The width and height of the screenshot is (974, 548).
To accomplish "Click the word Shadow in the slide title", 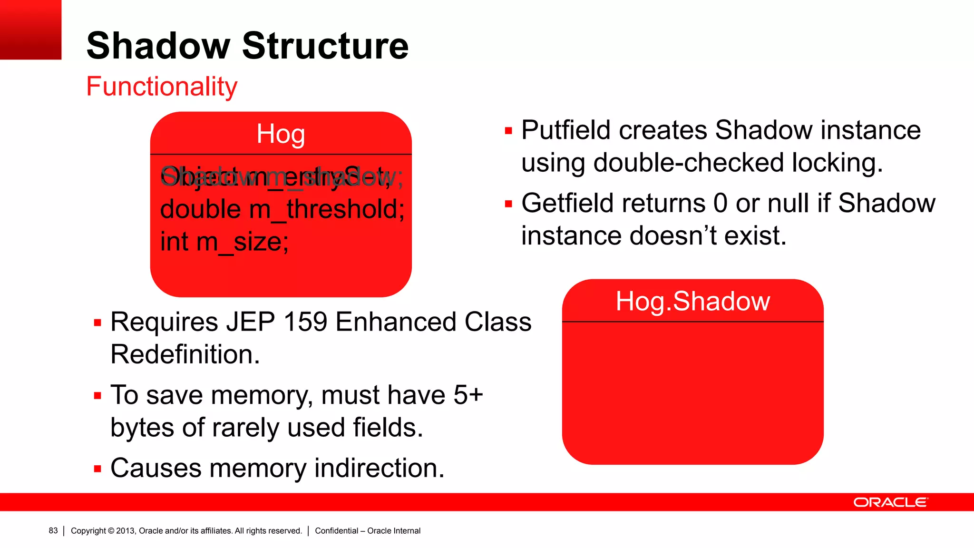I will pos(158,46).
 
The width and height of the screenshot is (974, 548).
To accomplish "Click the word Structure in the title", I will pos(325,46).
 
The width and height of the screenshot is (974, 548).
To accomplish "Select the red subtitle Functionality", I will pos(162,87).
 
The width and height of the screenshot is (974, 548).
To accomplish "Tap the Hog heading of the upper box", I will pos(281,134).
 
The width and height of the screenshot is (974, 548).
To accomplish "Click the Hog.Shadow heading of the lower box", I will pos(692,301).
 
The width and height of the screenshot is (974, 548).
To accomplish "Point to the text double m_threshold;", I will pos(282,209).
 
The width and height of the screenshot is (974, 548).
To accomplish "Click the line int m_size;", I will pos(224,242).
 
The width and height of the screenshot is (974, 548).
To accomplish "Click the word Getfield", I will pos(565,204).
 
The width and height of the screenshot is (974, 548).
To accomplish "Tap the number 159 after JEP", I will pos(305,322).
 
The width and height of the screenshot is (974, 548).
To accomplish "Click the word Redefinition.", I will pos(185,354).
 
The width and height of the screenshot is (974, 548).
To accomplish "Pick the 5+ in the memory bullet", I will pos(468,395).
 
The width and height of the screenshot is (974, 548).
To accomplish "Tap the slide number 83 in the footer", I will pos(53,531).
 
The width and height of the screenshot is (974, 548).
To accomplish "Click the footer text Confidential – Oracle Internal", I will pos(368,531).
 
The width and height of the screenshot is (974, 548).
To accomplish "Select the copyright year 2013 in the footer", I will pos(126,531).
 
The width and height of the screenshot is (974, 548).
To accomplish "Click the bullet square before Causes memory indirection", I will pos(98,469).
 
